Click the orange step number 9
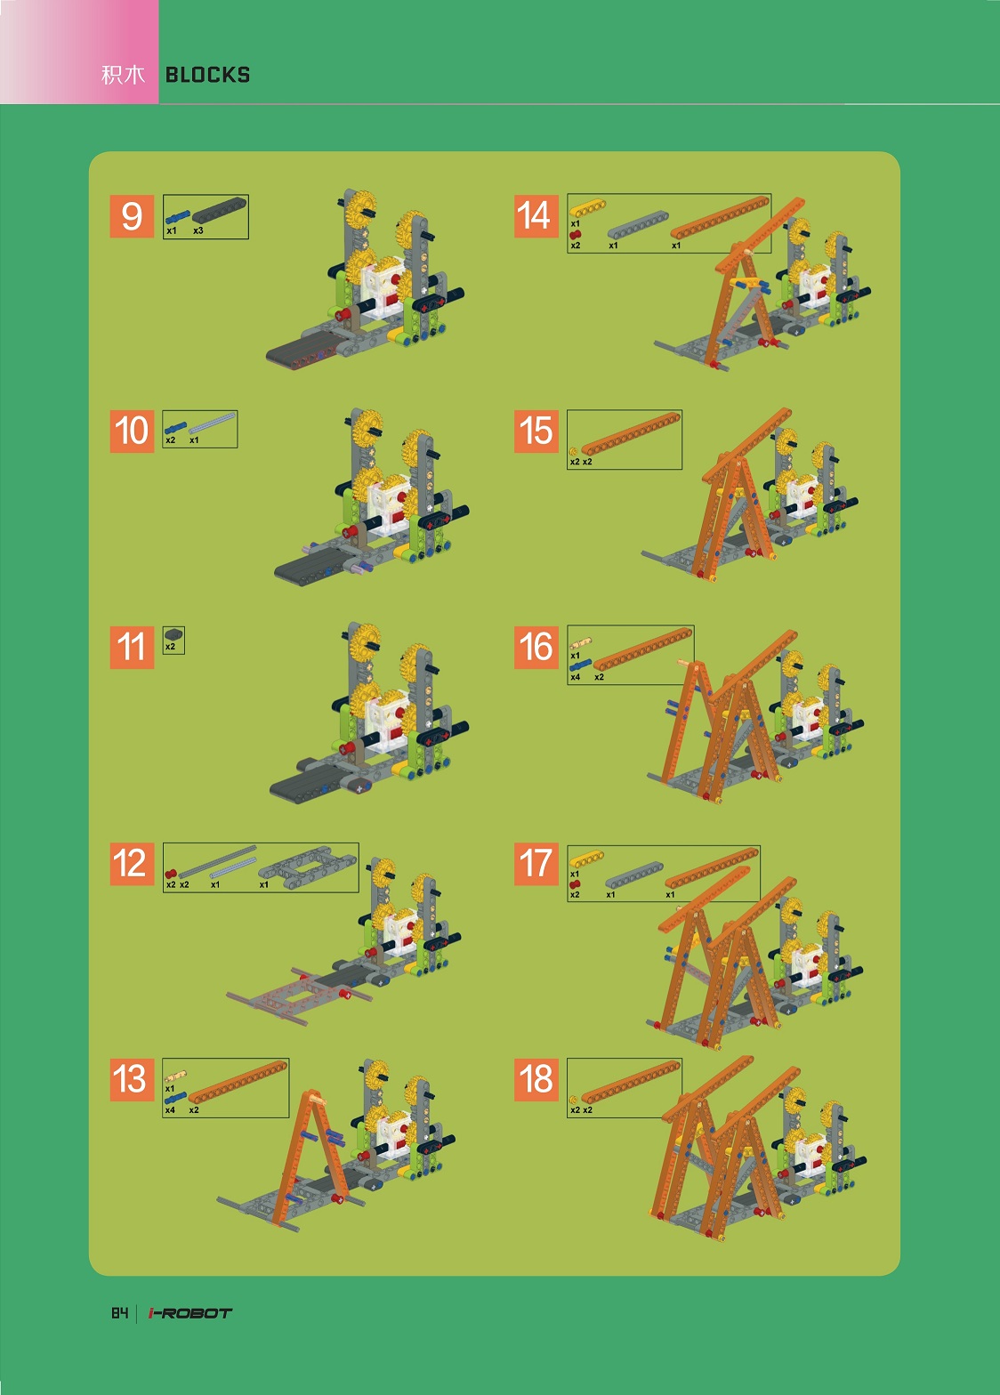tap(132, 216)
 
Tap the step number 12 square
tap(132, 864)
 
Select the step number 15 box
tap(536, 431)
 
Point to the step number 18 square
tap(536, 1079)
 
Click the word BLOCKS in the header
tap(207, 76)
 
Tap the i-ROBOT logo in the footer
tap(190, 1313)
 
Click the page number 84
tap(119, 1313)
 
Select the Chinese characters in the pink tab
tap(124, 76)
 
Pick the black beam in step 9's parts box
tap(219, 211)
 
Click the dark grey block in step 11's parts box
tap(173, 634)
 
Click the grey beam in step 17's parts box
tap(633, 875)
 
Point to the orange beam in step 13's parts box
tap(238, 1083)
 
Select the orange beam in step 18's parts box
tap(631, 1082)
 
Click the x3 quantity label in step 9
tap(198, 231)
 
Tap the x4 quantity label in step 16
tap(576, 677)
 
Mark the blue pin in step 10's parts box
tap(175, 428)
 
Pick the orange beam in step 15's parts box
tap(631, 433)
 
